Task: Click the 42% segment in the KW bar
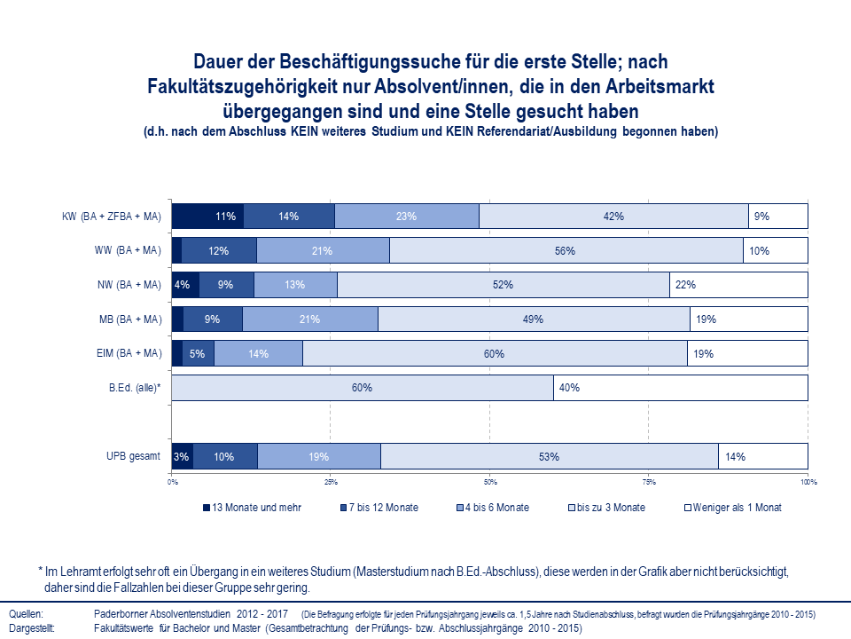pyautogui.click(x=613, y=216)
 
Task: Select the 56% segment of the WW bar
pyautogui.click(x=566, y=250)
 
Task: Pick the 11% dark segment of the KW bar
pyautogui.click(x=207, y=216)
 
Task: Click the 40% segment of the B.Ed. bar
pyautogui.click(x=680, y=388)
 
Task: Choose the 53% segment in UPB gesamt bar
pyautogui.click(x=549, y=457)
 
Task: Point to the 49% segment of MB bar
pyautogui.click(x=534, y=319)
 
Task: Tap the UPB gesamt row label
pyautogui.click(x=133, y=457)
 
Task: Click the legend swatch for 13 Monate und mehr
pyautogui.click(x=207, y=508)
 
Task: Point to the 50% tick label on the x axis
pyautogui.click(x=490, y=483)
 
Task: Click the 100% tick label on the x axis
pyautogui.click(x=808, y=483)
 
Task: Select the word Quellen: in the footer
pyautogui.click(x=25, y=614)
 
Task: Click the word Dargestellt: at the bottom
pyautogui.click(x=32, y=627)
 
